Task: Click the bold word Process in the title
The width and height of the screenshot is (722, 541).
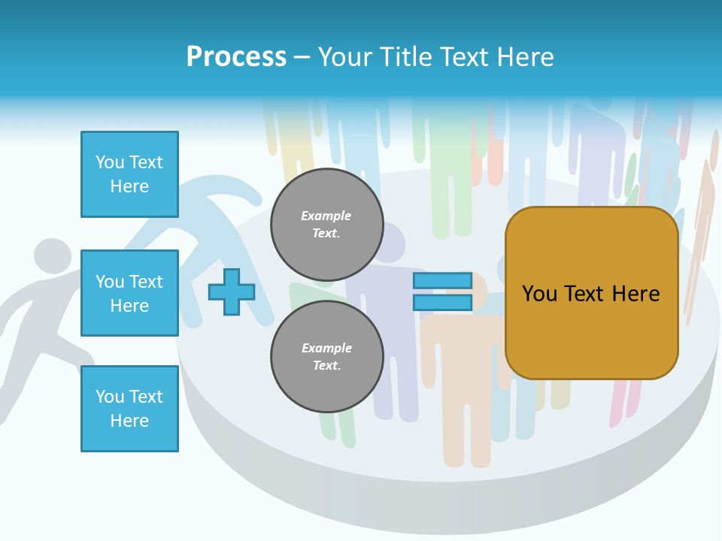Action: click(236, 57)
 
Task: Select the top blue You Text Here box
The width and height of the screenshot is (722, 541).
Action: click(129, 174)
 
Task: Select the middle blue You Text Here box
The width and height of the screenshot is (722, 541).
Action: click(129, 293)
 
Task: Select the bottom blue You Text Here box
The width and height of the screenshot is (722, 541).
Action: click(129, 409)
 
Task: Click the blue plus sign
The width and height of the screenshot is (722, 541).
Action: click(232, 292)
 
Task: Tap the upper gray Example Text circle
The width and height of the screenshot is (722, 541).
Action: click(326, 225)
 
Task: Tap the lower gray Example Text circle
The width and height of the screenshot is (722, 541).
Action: click(326, 356)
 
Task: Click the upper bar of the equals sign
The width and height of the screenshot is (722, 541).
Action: click(442, 281)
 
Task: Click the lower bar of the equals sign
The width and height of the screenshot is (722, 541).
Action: click(442, 303)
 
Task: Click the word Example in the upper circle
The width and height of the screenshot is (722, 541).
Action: click(326, 216)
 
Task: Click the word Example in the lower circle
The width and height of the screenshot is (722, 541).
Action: click(326, 348)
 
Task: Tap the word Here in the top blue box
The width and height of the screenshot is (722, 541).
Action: click(129, 186)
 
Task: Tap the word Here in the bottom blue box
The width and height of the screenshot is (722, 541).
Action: click(129, 421)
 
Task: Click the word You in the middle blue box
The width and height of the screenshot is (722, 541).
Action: click(110, 282)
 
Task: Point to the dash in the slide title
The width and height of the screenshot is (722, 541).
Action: click(302, 58)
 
